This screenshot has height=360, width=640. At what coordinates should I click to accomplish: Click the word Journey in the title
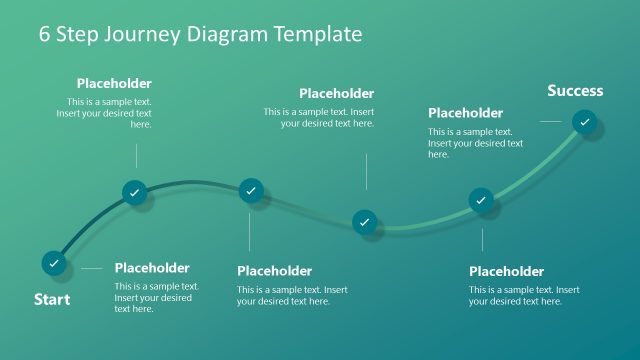(x=139, y=34)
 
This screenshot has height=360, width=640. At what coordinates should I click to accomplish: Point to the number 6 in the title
(x=45, y=34)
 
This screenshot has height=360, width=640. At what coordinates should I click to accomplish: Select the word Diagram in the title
(x=225, y=34)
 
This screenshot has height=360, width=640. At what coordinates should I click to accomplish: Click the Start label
(x=52, y=299)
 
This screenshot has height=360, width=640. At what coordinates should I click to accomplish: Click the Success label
(x=575, y=91)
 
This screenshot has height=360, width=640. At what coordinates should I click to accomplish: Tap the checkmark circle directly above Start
(x=54, y=263)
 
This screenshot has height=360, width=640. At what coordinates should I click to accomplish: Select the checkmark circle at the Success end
(x=585, y=122)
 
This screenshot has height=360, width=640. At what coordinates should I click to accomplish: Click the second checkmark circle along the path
(x=136, y=192)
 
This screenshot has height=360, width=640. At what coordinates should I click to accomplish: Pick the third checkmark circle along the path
(x=251, y=189)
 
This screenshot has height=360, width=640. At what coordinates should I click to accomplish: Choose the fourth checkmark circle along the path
(x=365, y=221)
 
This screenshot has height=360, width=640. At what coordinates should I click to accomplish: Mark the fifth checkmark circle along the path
(x=482, y=201)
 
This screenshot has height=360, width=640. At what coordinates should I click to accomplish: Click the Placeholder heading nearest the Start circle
(x=152, y=268)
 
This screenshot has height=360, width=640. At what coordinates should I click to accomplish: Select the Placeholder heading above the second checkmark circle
(x=114, y=84)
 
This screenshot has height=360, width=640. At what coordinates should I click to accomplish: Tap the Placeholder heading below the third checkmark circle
(x=274, y=271)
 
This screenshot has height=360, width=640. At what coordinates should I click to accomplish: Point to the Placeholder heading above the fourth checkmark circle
(x=336, y=94)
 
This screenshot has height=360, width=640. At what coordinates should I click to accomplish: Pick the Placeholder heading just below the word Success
(x=466, y=113)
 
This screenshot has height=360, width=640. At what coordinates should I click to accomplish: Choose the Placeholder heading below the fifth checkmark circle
(x=506, y=271)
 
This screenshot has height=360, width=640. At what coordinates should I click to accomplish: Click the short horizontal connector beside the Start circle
(x=92, y=268)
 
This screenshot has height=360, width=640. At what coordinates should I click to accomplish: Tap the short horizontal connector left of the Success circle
(x=551, y=121)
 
